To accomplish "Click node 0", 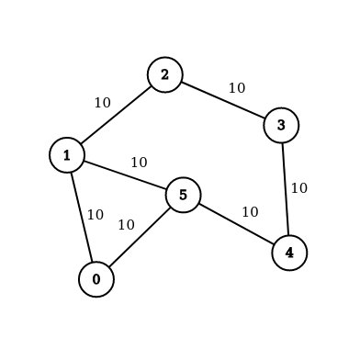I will pyautogui.click(x=96, y=279).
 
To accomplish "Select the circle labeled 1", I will pyautogui.click(x=67, y=155).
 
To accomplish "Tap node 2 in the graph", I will pyautogui.click(x=165, y=74).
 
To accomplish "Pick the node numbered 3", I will pyautogui.click(x=281, y=125).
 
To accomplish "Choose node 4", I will pyautogui.click(x=289, y=253).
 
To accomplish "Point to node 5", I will pyautogui.click(x=183, y=195).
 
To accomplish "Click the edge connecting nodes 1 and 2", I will pyautogui.click(x=117, y=115).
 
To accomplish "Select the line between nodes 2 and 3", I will pyautogui.click(x=223, y=99).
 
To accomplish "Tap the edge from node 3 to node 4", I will pyautogui.click(x=285, y=188).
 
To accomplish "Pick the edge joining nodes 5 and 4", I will pyautogui.click(x=236, y=223).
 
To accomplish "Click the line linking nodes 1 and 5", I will pyautogui.click(x=125, y=174).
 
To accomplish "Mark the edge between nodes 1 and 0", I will pyautogui.click(x=82, y=217).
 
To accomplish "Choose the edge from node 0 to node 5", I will pyautogui.click(x=140, y=237).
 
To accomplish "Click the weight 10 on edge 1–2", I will pyautogui.click(x=102, y=103).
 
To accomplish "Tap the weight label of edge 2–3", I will pyautogui.click(x=236, y=88).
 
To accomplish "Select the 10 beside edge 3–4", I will pyautogui.click(x=298, y=188).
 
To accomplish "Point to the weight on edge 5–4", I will pyautogui.click(x=250, y=212).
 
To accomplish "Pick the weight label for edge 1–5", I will pyautogui.click(x=139, y=163).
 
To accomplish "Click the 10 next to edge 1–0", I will pyautogui.click(x=96, y=215).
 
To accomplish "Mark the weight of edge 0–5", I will pyautogui.click(x=126, y=225).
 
